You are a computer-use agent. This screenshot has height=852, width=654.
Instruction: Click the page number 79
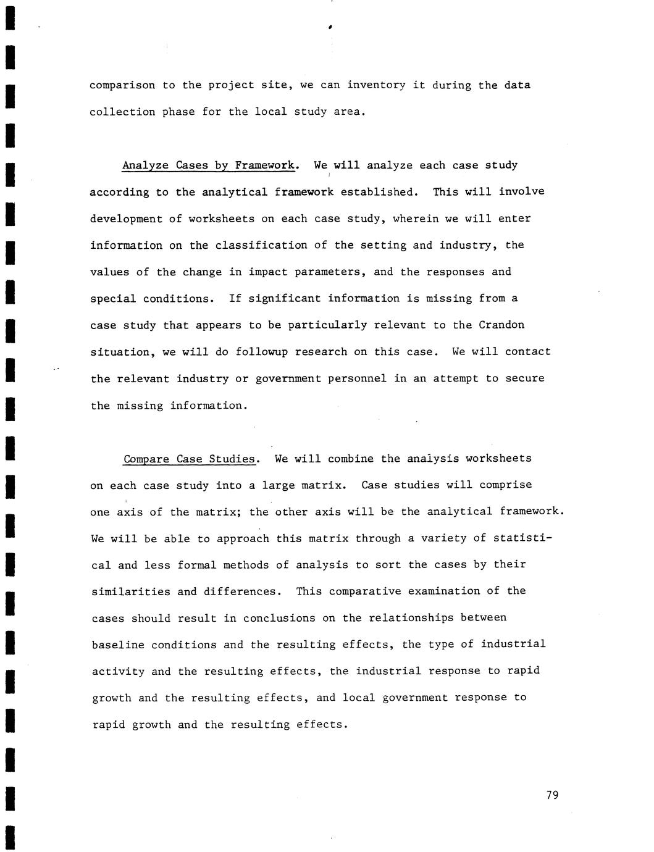[552, 795]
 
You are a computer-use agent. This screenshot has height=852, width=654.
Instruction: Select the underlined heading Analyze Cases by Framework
[210, 165]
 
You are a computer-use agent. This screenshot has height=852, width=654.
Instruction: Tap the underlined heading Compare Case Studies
[190, 459]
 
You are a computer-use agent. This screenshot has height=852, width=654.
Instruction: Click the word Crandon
[501, 325]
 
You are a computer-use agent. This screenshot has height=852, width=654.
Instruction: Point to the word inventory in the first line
[376, 85]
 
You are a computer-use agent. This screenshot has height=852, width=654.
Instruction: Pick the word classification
[261, 245]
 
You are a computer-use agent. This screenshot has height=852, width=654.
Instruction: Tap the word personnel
[357, 378]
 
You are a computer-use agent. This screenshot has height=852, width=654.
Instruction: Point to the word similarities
[131, 591]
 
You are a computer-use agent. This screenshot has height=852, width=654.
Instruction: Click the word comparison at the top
[122, 85]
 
